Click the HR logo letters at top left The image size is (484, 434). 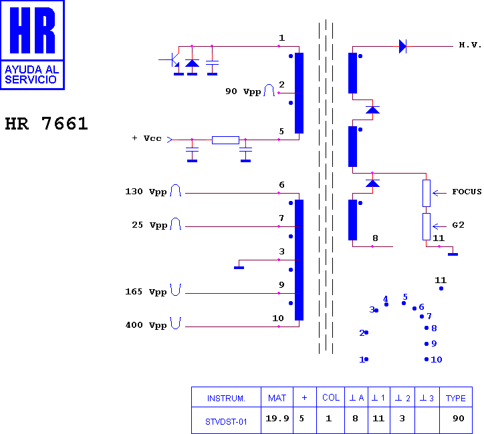click(32, 30)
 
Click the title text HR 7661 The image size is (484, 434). click(47, 124)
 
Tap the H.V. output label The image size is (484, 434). click(470, 45)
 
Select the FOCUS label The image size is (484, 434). click(467, 192)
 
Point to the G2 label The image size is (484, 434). click(458, 225)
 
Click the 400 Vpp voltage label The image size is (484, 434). click(146, 325)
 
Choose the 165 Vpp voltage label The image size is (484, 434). click(146, 292)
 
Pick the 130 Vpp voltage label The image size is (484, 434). click(146, 192)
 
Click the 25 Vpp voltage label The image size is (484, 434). click(149, 225)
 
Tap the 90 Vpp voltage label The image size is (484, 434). click(243, 91)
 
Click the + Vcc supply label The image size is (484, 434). click(146, 138)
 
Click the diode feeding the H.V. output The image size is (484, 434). click(402, 46)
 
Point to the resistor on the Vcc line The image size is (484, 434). click(225, 140)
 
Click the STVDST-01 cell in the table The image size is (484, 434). click(226, 422)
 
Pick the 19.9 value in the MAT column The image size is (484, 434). click(277, 418)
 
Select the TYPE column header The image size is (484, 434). click(456, 398)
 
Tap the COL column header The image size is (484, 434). click(331, 398)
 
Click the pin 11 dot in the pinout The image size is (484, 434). click(441, 288)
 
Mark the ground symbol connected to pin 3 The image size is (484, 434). click(239, 268)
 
